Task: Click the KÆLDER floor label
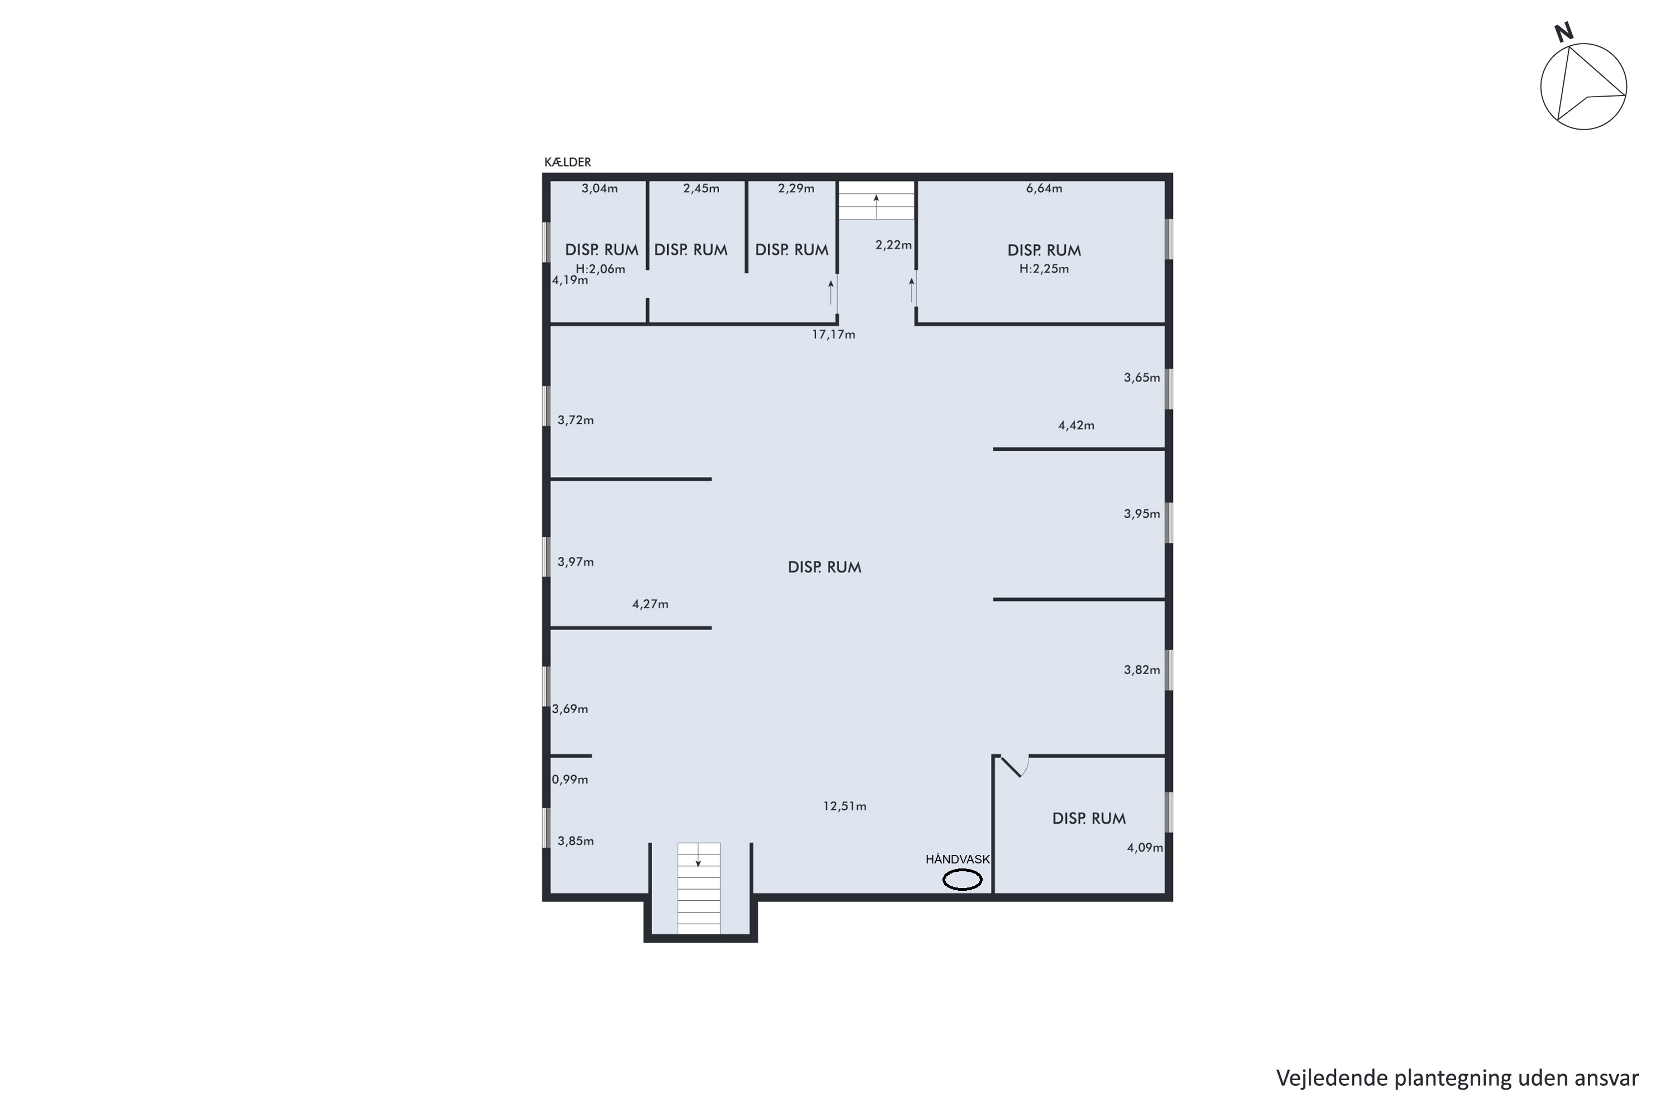(568, 163)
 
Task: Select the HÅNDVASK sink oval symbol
(962, 881)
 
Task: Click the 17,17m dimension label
(833, 335)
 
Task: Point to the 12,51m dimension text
(845, 806)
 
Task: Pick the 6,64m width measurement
(1044, 189)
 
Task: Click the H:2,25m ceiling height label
(1044, 269)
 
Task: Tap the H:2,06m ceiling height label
(600, 269)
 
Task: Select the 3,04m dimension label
(600, 189)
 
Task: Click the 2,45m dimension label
(701, 189)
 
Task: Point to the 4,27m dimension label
(650, 605)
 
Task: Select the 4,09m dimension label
(1145, 848)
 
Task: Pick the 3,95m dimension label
(1142, 514)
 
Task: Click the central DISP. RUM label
(825, 568)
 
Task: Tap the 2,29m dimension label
(796, 189)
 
